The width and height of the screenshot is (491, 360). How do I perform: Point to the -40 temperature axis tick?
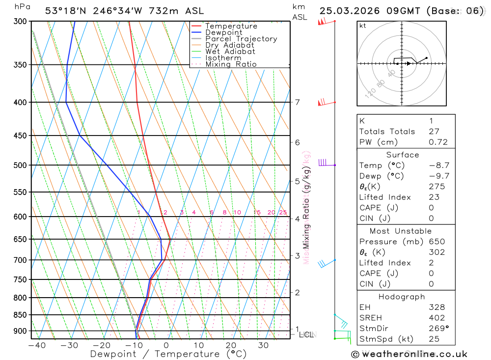(37, 345)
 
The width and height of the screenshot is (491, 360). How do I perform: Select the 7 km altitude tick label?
(297, 102)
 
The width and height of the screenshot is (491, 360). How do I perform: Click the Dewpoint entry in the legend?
(223, 32)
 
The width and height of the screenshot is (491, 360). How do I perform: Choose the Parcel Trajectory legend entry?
(241, 39)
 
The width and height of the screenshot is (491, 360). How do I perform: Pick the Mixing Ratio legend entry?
(231, 64)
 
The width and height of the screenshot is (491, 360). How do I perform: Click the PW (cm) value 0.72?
(438, 142)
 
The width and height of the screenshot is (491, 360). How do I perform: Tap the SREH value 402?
(436, 318)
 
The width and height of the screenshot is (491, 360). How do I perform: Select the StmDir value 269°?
(438, 329)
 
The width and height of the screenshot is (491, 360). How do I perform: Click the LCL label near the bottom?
(306, 335)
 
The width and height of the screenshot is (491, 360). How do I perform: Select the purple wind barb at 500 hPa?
(324, 163)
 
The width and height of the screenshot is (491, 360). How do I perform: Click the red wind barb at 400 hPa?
(322, 102)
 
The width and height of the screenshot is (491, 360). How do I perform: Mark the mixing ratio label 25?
(283, 213)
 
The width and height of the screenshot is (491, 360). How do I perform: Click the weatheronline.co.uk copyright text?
(409, 354)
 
